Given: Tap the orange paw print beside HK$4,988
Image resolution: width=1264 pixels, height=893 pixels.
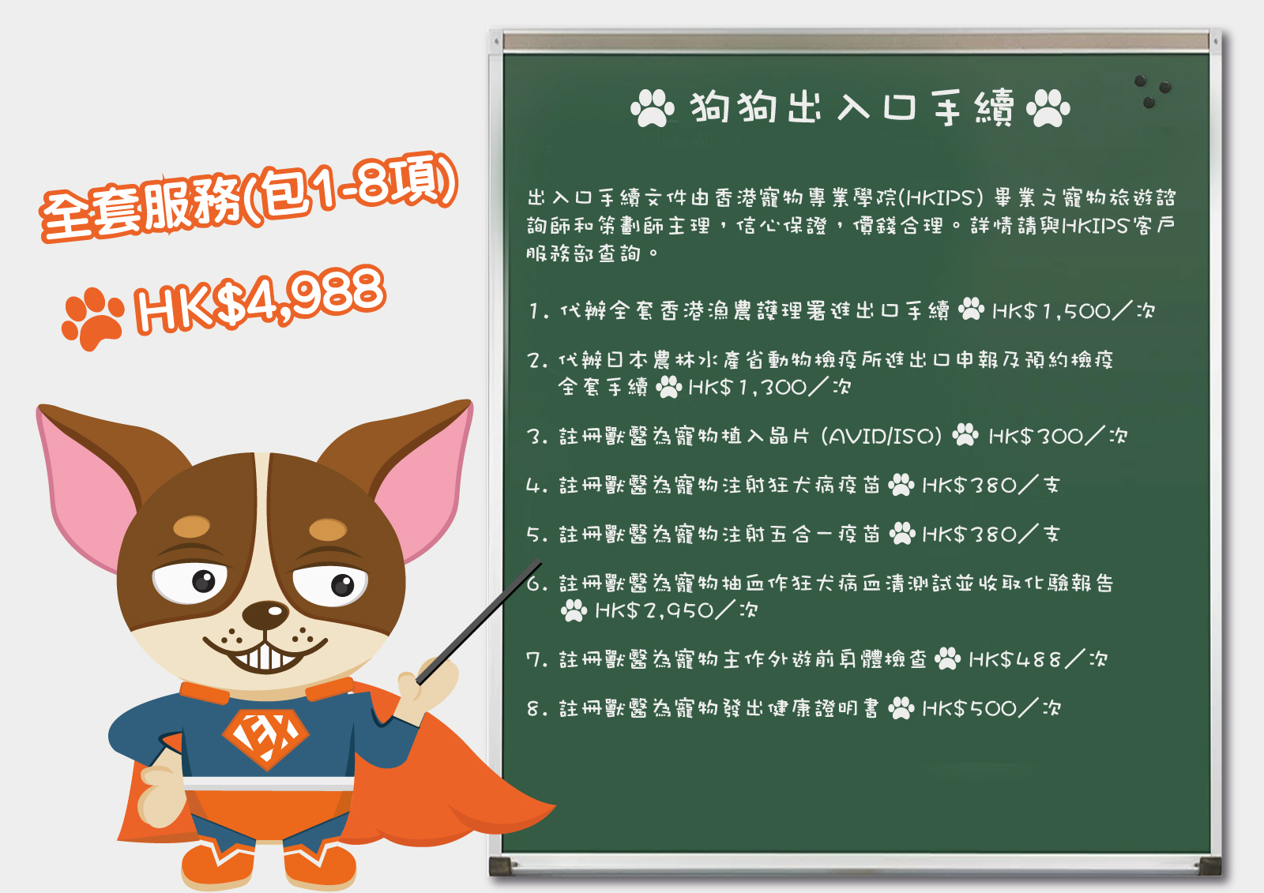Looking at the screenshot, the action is [92, 317].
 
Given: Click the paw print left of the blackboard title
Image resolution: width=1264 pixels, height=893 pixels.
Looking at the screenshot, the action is [653, 107].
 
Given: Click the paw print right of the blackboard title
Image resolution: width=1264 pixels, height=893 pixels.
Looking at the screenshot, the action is [1048, 107].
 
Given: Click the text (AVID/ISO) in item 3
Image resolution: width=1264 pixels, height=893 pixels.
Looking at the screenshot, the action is [882, 436].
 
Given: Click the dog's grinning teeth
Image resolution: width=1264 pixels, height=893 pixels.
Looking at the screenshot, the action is [265, 657].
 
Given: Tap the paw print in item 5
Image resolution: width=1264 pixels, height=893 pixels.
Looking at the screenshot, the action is [902, 533].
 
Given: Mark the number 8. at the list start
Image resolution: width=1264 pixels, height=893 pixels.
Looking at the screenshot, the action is [537, 708].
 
